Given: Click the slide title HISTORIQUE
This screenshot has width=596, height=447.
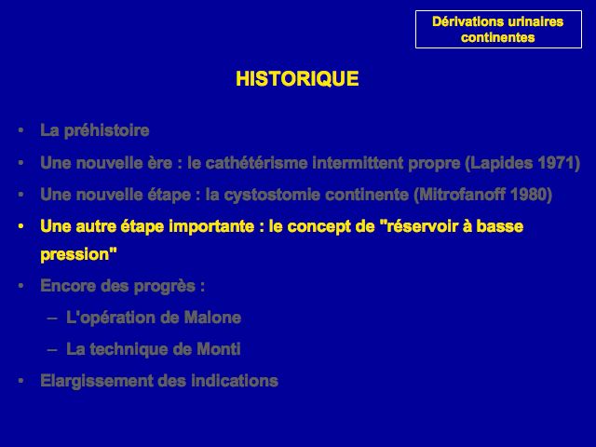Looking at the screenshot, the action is [x=297, y=78].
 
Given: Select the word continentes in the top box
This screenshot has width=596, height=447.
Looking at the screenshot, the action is [x=498, y=37].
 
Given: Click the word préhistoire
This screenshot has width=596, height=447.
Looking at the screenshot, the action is [x=106, y=130].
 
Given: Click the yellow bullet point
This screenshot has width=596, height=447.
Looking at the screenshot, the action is [x=20, y=227].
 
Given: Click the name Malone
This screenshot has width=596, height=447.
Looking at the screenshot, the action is [x=212, y=318].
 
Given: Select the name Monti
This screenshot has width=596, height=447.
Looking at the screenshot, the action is [x=219, y=349].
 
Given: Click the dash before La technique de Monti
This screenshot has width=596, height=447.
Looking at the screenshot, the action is [x=52, y=350].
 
